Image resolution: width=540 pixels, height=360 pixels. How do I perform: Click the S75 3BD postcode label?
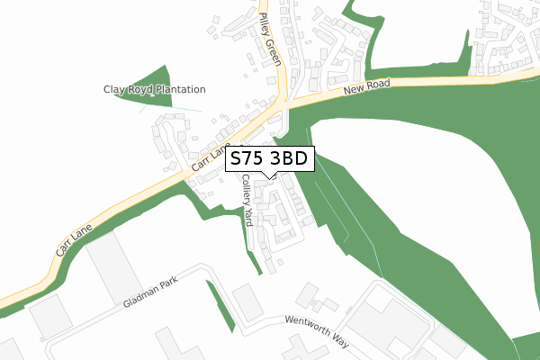(x=270, y=159)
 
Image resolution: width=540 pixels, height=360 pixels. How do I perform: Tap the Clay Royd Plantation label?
(x=153, y=90)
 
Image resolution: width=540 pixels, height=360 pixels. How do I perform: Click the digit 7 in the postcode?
(x=250, y=159)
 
